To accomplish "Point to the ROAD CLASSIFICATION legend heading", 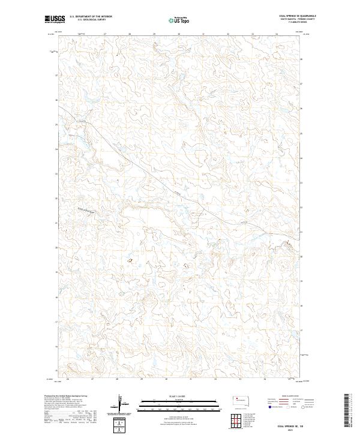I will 290,397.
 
